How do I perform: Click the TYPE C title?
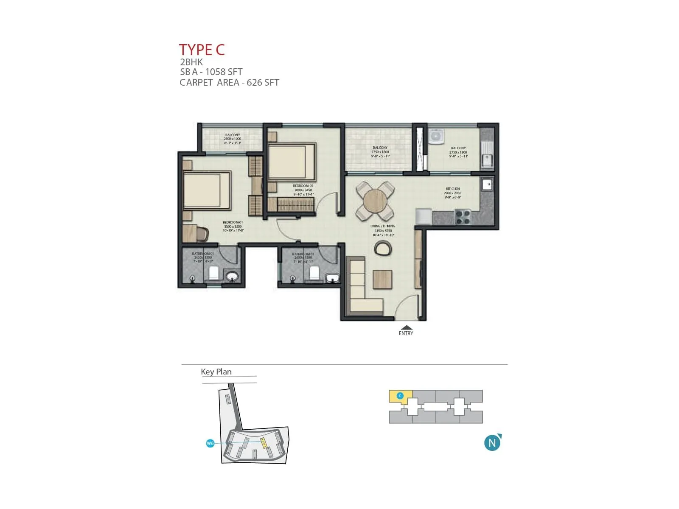(x=202, y=50)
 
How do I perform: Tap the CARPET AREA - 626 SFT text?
(x=229, y=83)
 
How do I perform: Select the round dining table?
(x=375, y=201)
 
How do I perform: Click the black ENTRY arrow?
(x=406, y=327)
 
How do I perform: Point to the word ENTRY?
(x=406, y=333)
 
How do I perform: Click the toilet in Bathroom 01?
(x=213, y=273)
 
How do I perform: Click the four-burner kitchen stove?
(x=463, y=217)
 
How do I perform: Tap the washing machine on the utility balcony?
(x=435, y=136)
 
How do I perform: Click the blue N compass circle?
(x=492, y=443)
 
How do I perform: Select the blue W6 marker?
(x=210, y=443)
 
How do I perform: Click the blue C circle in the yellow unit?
(x=400, y=396)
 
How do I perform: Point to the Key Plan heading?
(x=216, y=372)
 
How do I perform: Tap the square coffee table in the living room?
(x=382, y=279)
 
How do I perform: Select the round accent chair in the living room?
(x=383, y=248)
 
